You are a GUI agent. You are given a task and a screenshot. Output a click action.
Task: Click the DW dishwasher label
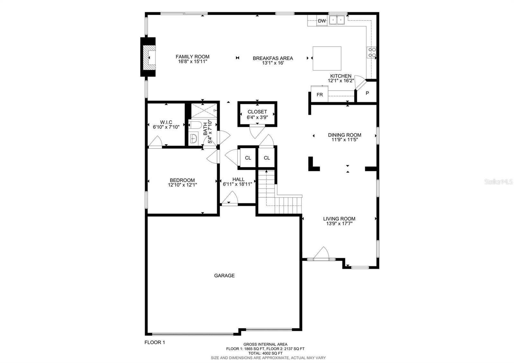click(322, 21)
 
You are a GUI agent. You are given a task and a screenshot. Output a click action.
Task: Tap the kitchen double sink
click(337, 21)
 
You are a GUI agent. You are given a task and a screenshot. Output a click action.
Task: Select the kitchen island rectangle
click(327, 58)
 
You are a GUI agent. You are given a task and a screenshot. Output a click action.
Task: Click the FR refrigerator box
click(319, 95)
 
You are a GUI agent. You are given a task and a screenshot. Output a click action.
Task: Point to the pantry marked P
click(368, 93)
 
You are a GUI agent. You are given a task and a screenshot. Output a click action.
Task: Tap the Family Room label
click(192, 57)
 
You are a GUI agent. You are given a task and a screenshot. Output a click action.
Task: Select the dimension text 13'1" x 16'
click(273, 63)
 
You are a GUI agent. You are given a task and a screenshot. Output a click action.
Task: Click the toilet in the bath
click(195, 125)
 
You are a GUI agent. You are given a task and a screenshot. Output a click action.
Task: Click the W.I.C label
click(166, 122)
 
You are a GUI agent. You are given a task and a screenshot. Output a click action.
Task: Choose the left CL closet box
click(248, 158)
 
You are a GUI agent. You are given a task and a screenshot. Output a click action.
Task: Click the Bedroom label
click(182, 180)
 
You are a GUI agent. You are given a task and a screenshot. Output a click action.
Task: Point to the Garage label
click(224, 276)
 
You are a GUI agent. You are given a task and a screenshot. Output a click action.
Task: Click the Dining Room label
click(344, 135)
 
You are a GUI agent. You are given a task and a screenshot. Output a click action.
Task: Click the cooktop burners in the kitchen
click(372, 52)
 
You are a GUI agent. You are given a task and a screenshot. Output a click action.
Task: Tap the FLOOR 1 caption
click(155, 342)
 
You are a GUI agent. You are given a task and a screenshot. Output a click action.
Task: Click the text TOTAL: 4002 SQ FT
click(265, 353)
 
